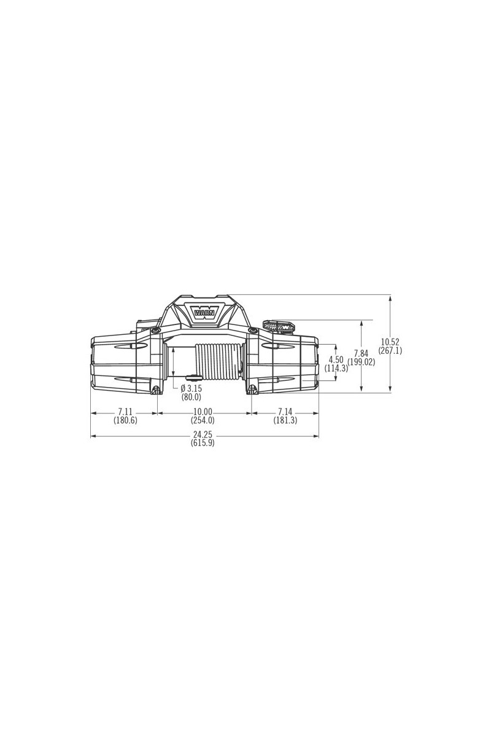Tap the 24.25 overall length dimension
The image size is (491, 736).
203,435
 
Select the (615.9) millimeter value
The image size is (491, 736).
203,443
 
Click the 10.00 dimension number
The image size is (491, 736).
203,412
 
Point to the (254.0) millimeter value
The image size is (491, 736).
203,420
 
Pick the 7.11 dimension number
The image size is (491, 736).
125,412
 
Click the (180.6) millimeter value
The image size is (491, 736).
125,420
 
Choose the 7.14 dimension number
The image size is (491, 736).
285,412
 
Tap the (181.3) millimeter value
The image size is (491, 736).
285,420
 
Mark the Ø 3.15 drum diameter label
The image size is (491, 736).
191,388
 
